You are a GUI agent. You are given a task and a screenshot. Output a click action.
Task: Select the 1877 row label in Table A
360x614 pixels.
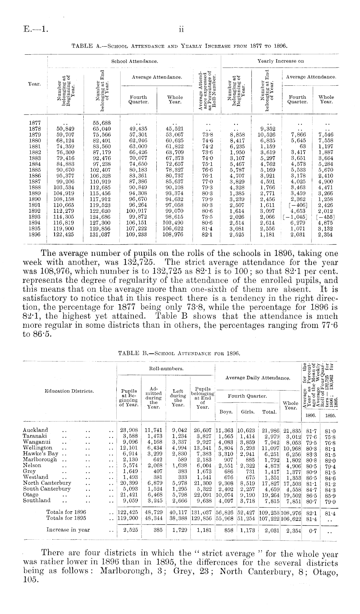35,123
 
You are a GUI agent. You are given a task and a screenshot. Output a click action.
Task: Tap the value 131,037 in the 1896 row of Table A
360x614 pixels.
100,235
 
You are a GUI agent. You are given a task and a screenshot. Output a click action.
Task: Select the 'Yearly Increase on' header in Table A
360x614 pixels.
281,61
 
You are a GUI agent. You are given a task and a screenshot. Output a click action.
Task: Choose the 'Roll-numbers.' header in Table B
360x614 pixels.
166,368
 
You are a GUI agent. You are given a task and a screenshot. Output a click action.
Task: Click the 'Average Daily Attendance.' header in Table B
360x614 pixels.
258,377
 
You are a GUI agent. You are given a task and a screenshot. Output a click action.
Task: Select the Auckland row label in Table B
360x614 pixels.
36,430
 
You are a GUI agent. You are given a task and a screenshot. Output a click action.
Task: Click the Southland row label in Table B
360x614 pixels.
37,501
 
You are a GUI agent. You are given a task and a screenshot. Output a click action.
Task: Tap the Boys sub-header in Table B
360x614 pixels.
226,412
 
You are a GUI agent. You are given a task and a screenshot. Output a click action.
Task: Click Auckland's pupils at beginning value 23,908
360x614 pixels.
129,430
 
